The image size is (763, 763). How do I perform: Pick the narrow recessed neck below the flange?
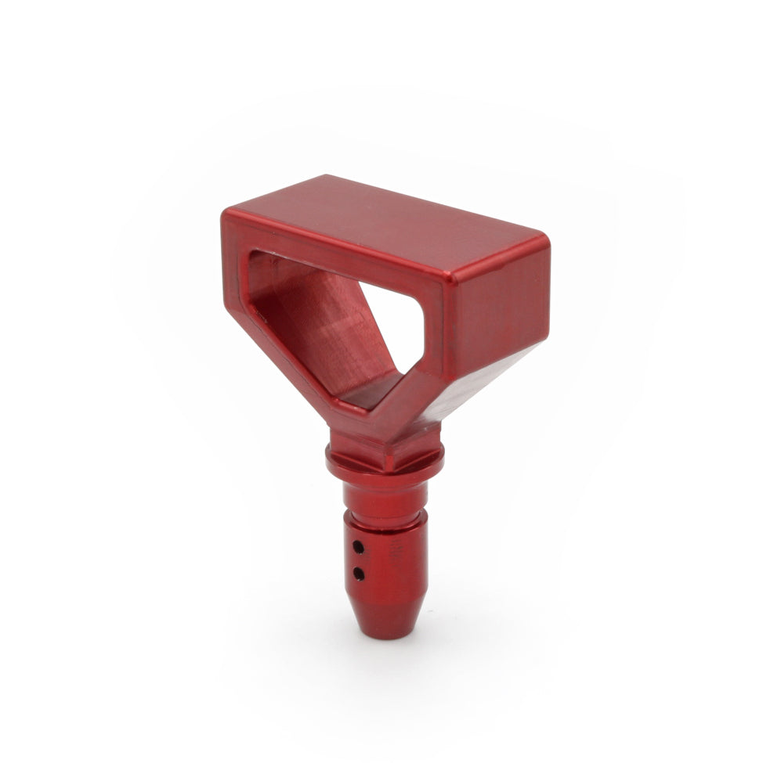click(x=384, y=495)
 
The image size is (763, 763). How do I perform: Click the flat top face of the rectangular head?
click(x=384, y=211)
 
